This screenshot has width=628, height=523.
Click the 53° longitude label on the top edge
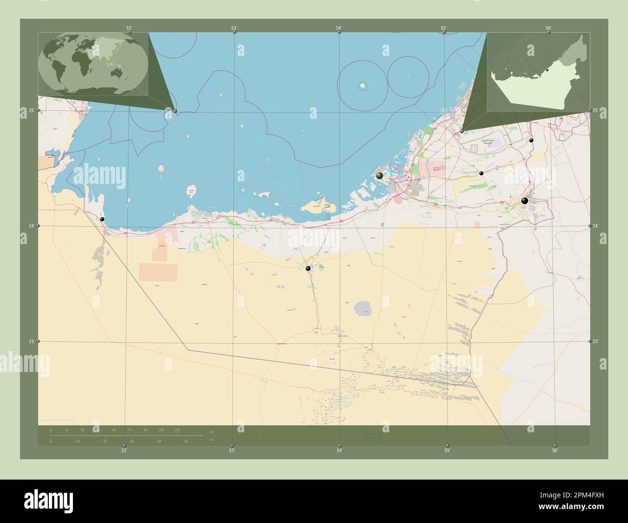click(x=234, y=28)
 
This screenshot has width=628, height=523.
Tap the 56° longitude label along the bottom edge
click(x=555, y=450)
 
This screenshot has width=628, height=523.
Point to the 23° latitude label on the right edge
click(x=596, y=342)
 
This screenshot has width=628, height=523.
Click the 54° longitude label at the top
click(x=339, y=28)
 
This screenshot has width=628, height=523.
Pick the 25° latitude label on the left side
click(x=31, y=110)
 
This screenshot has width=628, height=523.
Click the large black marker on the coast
click(x=380, y=176)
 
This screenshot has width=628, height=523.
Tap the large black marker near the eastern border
click(x=525, y=201)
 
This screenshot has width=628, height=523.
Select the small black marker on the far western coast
click(x=102, y=220)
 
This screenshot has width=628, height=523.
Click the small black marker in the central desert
click(x=308, y=268)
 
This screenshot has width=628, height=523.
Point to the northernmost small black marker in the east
click(x=531, y=140)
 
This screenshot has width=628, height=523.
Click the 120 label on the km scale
click(x=177, y=429)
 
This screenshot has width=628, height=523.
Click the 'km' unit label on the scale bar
click(x=211, y=431)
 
